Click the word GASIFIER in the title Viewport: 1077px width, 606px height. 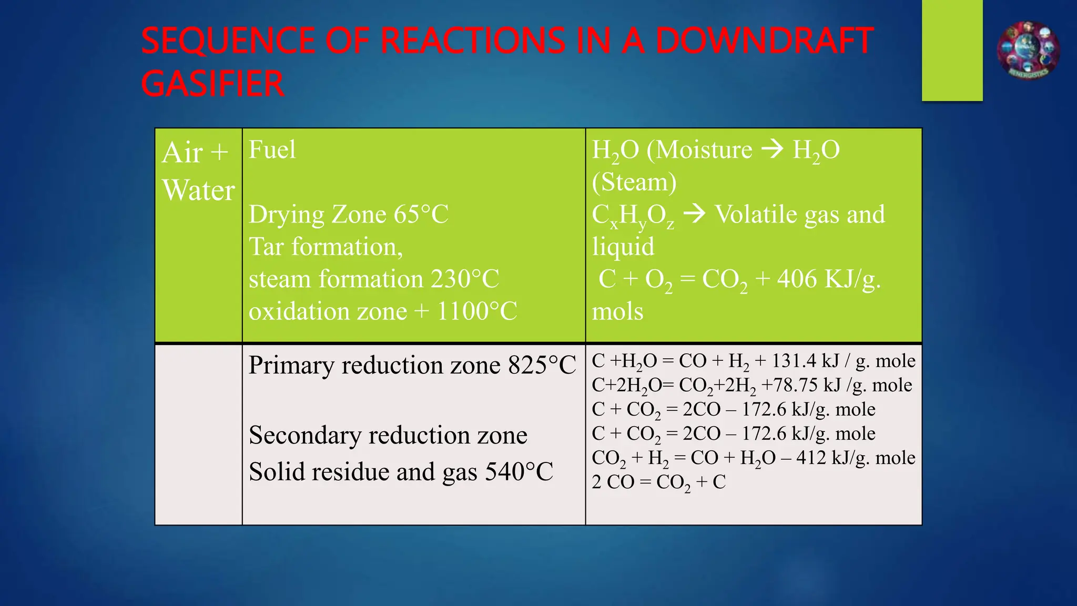tap(212, 84)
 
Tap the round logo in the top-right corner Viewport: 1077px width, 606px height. tap(1028, 50)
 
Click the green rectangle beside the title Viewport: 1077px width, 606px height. tap(952, 50)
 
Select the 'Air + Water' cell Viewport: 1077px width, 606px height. tap(198, 171)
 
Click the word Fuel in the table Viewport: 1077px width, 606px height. tap(272, 150)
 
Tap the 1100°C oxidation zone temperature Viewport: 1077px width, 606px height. tap(477, 311)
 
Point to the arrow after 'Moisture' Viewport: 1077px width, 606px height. tap(773, 150)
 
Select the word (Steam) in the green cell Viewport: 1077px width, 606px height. tap(634, 183)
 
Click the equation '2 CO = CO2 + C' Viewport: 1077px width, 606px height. tap(658, 482)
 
